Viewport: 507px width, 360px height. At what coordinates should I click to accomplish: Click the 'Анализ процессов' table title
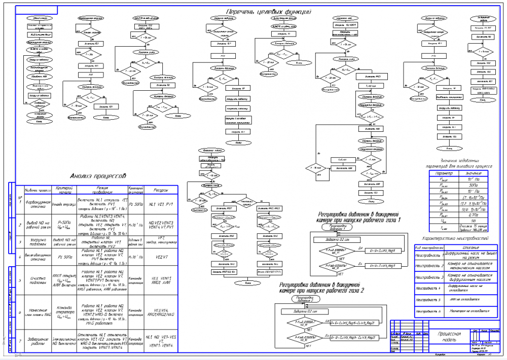97,176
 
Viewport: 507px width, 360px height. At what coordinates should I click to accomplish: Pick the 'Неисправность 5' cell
428,300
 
